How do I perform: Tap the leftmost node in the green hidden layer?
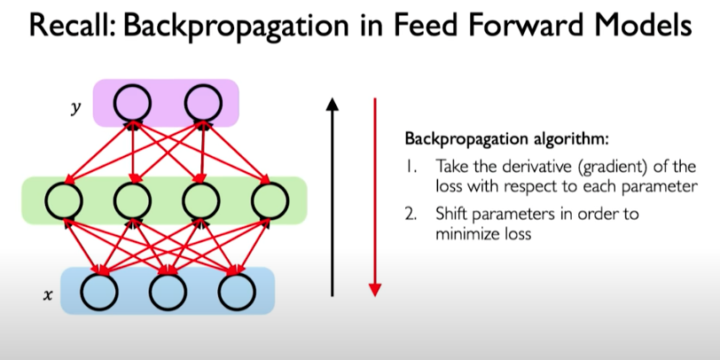pos(64,200)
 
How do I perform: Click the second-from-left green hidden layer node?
pos(132,200)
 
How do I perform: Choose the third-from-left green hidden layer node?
pos(202,200)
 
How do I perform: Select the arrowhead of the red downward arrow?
pos(375,288)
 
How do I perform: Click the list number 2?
pos(411,215)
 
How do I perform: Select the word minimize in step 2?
pos(465,235)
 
